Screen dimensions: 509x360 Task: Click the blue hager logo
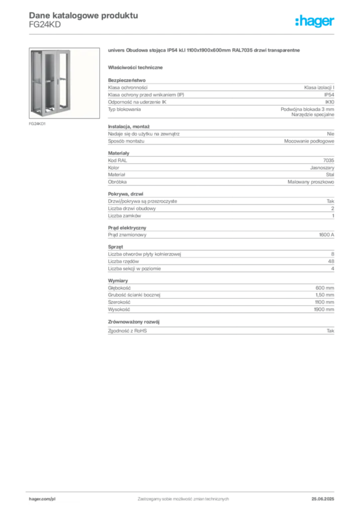315,22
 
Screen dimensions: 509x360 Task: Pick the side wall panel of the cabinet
35,82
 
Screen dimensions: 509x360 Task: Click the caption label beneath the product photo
37,124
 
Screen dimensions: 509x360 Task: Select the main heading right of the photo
204,52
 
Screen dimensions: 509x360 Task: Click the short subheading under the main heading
137,67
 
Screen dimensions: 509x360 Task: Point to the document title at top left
82,15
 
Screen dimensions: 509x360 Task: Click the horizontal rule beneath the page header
183,34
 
